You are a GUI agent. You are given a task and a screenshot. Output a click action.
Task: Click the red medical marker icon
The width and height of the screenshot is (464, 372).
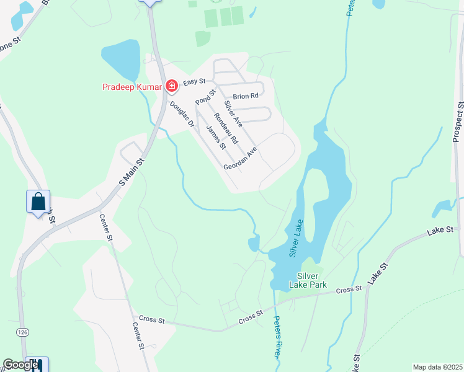coord(172,86)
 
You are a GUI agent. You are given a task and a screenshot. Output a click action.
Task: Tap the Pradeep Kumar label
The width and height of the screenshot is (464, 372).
coord(132,87)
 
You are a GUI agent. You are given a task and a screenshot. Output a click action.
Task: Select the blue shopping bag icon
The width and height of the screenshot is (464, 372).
coord(38,202)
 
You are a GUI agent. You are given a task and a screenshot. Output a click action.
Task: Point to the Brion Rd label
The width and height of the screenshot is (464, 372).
coord(246,96)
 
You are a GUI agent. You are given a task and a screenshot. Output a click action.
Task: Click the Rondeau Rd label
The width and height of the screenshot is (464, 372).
coord(226,128)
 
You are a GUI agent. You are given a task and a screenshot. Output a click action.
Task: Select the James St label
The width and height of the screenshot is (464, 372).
coord(215,138)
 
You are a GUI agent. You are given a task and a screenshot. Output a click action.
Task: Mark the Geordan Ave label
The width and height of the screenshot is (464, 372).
coord(240,159)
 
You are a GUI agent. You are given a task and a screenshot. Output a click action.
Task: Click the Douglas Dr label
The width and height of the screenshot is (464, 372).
coord(182,115)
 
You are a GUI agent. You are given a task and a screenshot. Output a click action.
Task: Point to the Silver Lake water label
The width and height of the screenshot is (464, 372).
coord(296,239)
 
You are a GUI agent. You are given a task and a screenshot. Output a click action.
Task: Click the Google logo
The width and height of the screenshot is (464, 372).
coord(20,365)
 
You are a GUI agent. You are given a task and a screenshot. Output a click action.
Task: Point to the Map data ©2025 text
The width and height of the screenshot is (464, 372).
coord(437,367)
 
